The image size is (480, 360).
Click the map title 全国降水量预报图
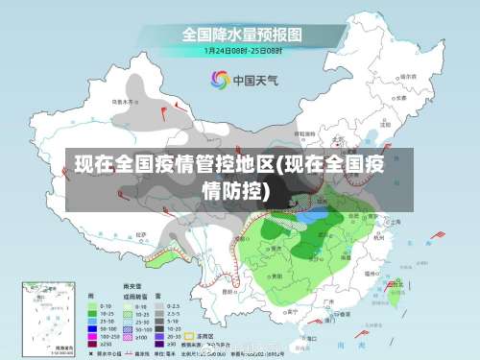coord(242,35)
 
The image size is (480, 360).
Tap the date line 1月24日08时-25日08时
coord(242,50)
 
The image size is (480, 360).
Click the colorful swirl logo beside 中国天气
coord(220,80)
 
